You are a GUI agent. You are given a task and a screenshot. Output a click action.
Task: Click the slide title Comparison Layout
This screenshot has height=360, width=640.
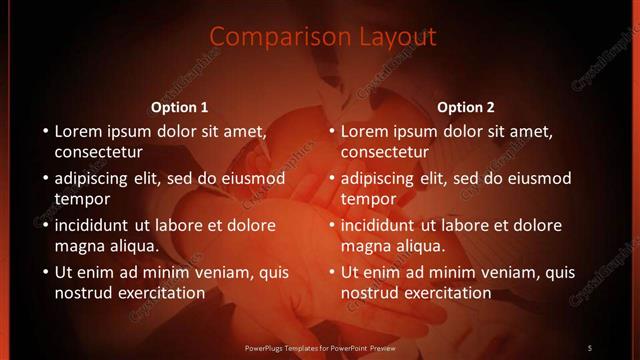coord(323,37)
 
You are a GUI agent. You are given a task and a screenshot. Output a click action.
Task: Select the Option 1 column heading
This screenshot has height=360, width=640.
coord(180,107)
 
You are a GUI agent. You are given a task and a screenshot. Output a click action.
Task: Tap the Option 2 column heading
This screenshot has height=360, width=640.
coord(466,107)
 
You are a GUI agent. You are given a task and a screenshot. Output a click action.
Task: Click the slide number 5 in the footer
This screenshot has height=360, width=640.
coord(590,347)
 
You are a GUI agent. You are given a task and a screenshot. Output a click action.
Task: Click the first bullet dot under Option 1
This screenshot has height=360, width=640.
coord(44,131)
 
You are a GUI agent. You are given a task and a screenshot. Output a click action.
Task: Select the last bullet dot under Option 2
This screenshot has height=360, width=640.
coord(330,272)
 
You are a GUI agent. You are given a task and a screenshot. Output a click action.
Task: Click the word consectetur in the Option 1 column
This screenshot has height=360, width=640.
coord(99,152)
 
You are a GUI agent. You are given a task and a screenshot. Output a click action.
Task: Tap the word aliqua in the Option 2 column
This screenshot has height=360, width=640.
coord(416,246)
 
